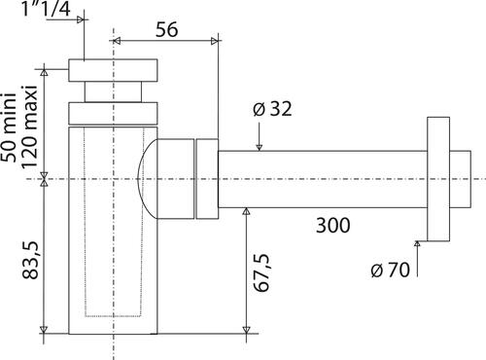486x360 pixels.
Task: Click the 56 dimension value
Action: click(x=167, y=29)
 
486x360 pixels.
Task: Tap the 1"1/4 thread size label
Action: click(x=46, y=9)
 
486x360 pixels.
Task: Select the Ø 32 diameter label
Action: click(x=272, y=109)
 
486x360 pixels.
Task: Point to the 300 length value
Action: click(x=333, y=226)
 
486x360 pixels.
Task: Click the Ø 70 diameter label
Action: click(x=390, y=270)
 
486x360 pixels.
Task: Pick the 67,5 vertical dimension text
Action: click(x=261, y=273)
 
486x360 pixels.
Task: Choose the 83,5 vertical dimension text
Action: click(x=30, y=260)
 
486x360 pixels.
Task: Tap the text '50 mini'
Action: click(x=9, y=127)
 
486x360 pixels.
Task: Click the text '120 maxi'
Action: click(x=29, y=127)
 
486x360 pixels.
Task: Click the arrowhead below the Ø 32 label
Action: click(x=259, y=148)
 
